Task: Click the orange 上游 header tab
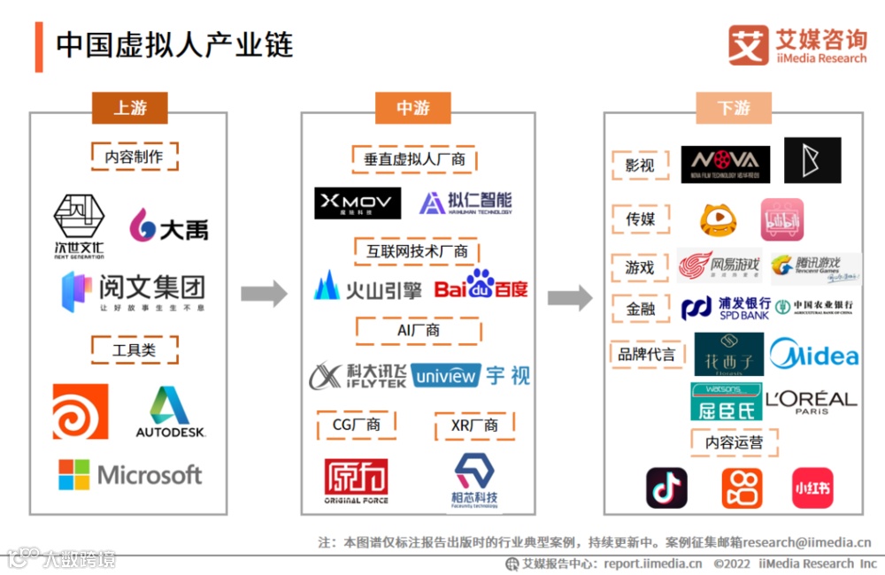[x=129, y=108]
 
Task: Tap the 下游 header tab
[x=733, y=108]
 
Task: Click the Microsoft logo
[x=130, y=474]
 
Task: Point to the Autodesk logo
[x=170, y=412]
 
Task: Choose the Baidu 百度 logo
[x=481, y=285]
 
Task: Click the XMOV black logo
[x=358, y=203]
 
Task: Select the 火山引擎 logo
[x=367, y=286]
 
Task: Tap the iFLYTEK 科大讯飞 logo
[x=358, y=375]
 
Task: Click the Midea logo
[x=813, y=356]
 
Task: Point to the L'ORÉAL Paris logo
[x=811, y=402]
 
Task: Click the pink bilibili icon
[x=782, y=219]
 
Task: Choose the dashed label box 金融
[x=640, y=309]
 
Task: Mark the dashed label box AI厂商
[x=419, y=330]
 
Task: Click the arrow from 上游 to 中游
[x=264, y=294]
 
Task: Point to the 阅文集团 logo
[x=133, y=290]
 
